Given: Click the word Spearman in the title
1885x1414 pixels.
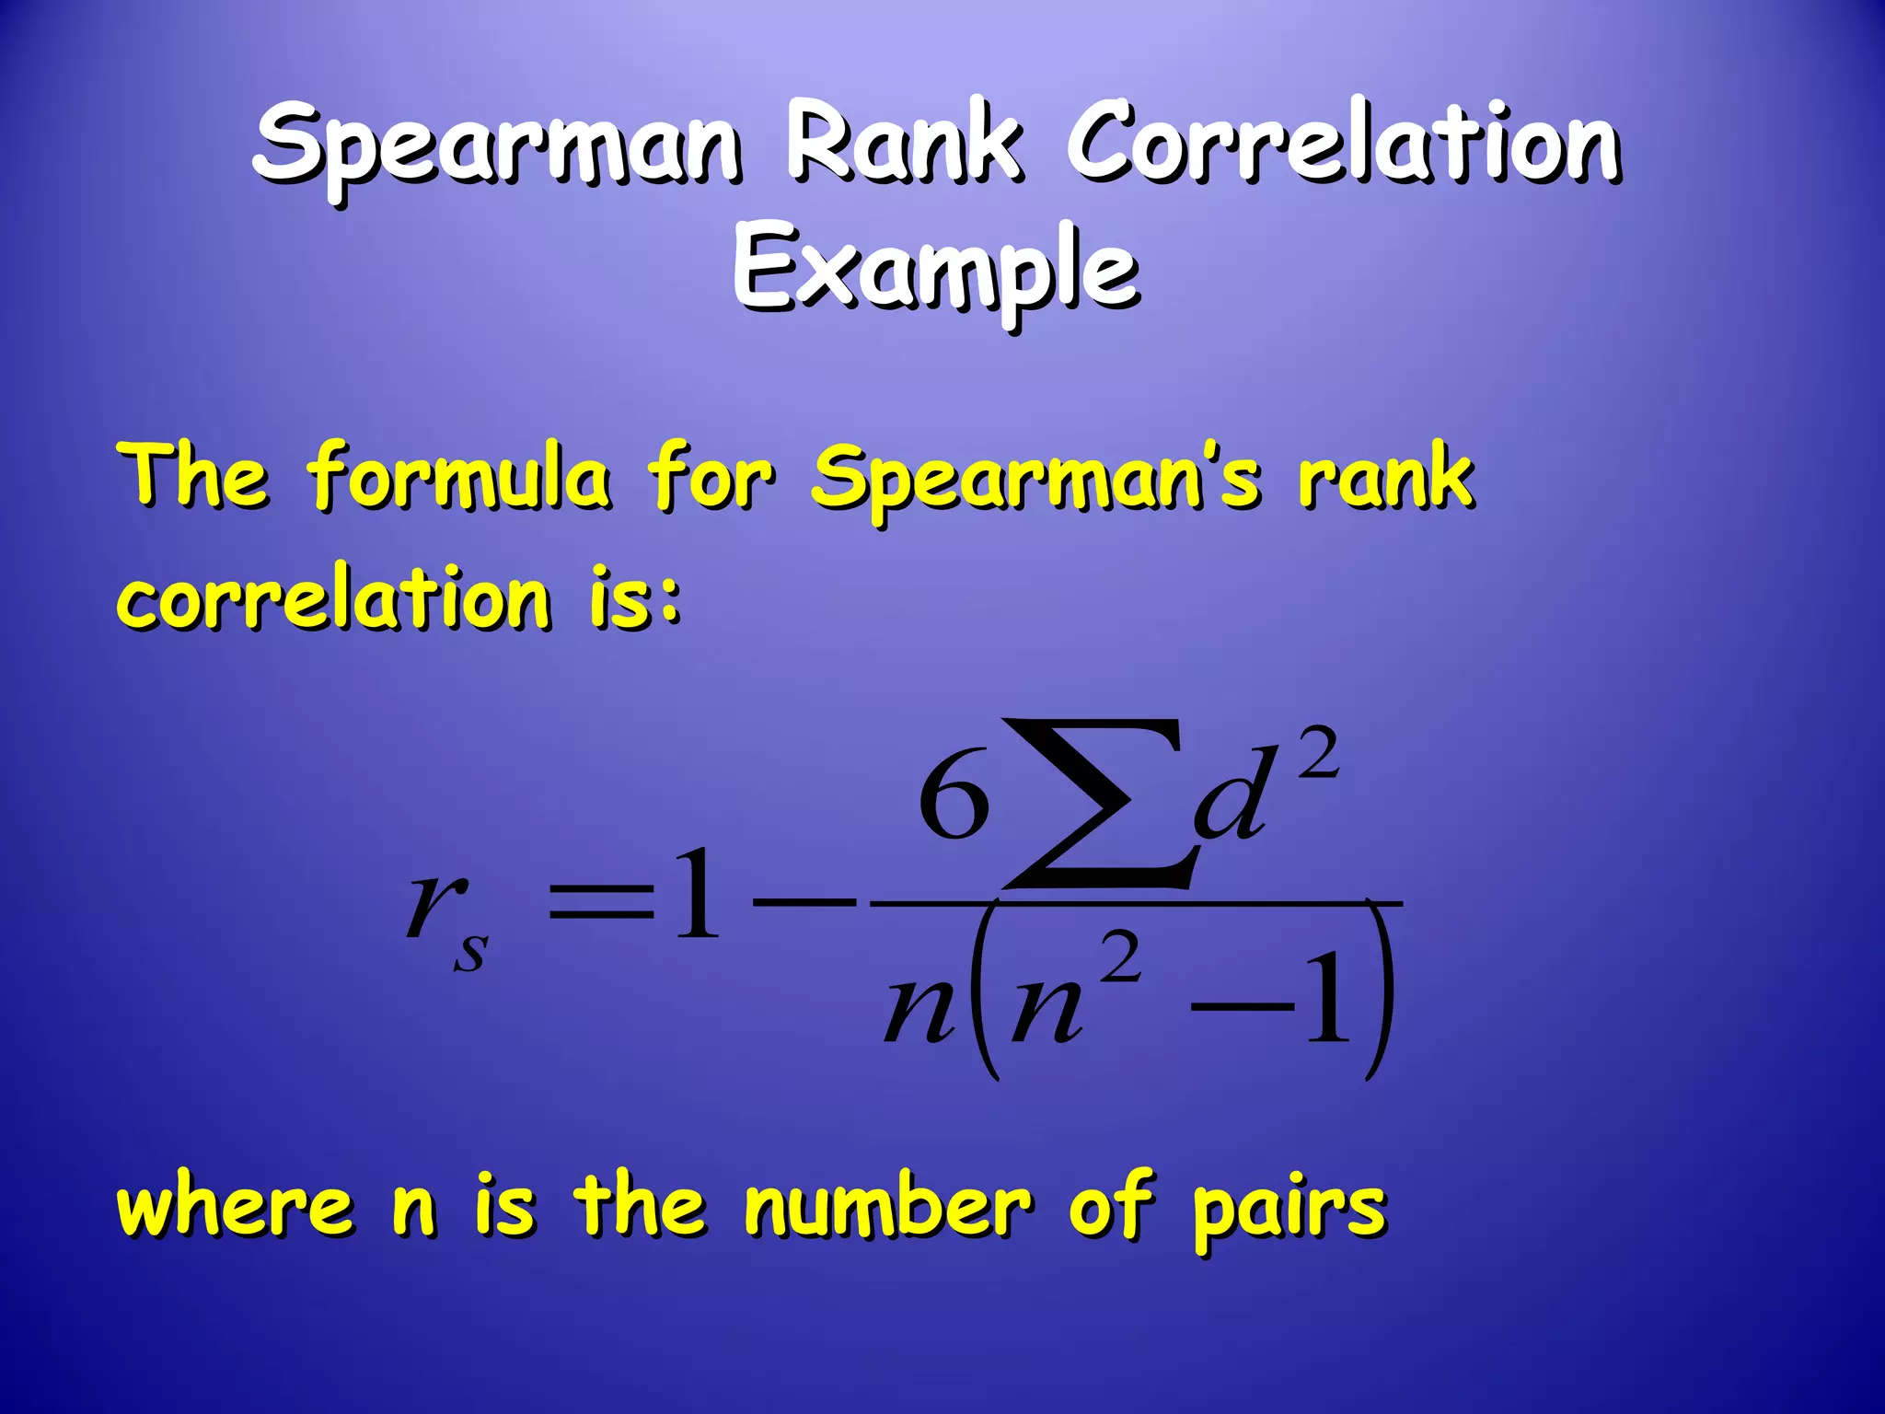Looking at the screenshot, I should [497, 147].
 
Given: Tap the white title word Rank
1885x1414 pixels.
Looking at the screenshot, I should [902, 143].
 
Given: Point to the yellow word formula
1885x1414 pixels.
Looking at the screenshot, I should [458, 476].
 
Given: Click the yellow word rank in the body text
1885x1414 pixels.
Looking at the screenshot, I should [1385, 476].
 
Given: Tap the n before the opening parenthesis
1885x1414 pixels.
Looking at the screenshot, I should [918, 1013].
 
